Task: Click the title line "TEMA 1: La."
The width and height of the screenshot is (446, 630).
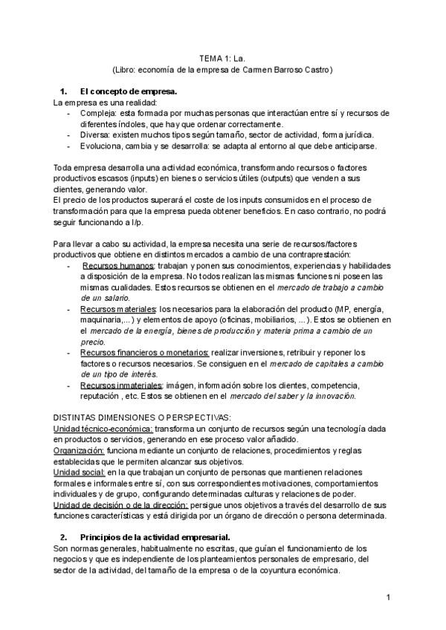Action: coord(222,57)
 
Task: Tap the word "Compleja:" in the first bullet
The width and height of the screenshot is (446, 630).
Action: coord(99,113)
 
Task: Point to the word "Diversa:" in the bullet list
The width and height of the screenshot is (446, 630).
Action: coord(96,135)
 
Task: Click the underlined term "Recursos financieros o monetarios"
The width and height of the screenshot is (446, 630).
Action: coord(145,352)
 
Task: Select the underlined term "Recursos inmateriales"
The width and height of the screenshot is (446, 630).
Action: coord(120,386)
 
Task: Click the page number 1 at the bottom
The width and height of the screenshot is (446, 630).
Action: coord(388,597)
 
